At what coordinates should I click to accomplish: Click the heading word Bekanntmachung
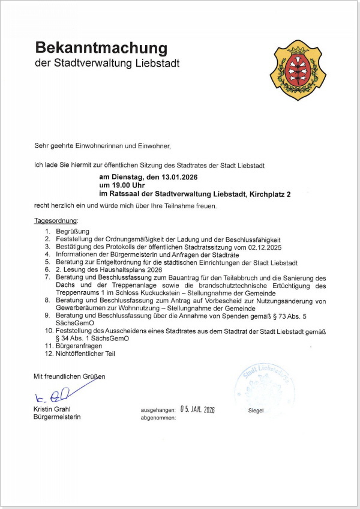pyautogui.click(x=101, y=48)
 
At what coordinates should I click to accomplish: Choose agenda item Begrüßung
pyautogui.click(x=72, y=231)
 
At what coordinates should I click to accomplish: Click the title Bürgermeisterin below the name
pyautogui.click(x=57, y=417)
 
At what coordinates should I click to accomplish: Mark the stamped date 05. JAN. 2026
pyautogui.click(x=197, y=410)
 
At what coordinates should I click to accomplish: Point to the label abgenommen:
pyautogui.click(x=158, y=418)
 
